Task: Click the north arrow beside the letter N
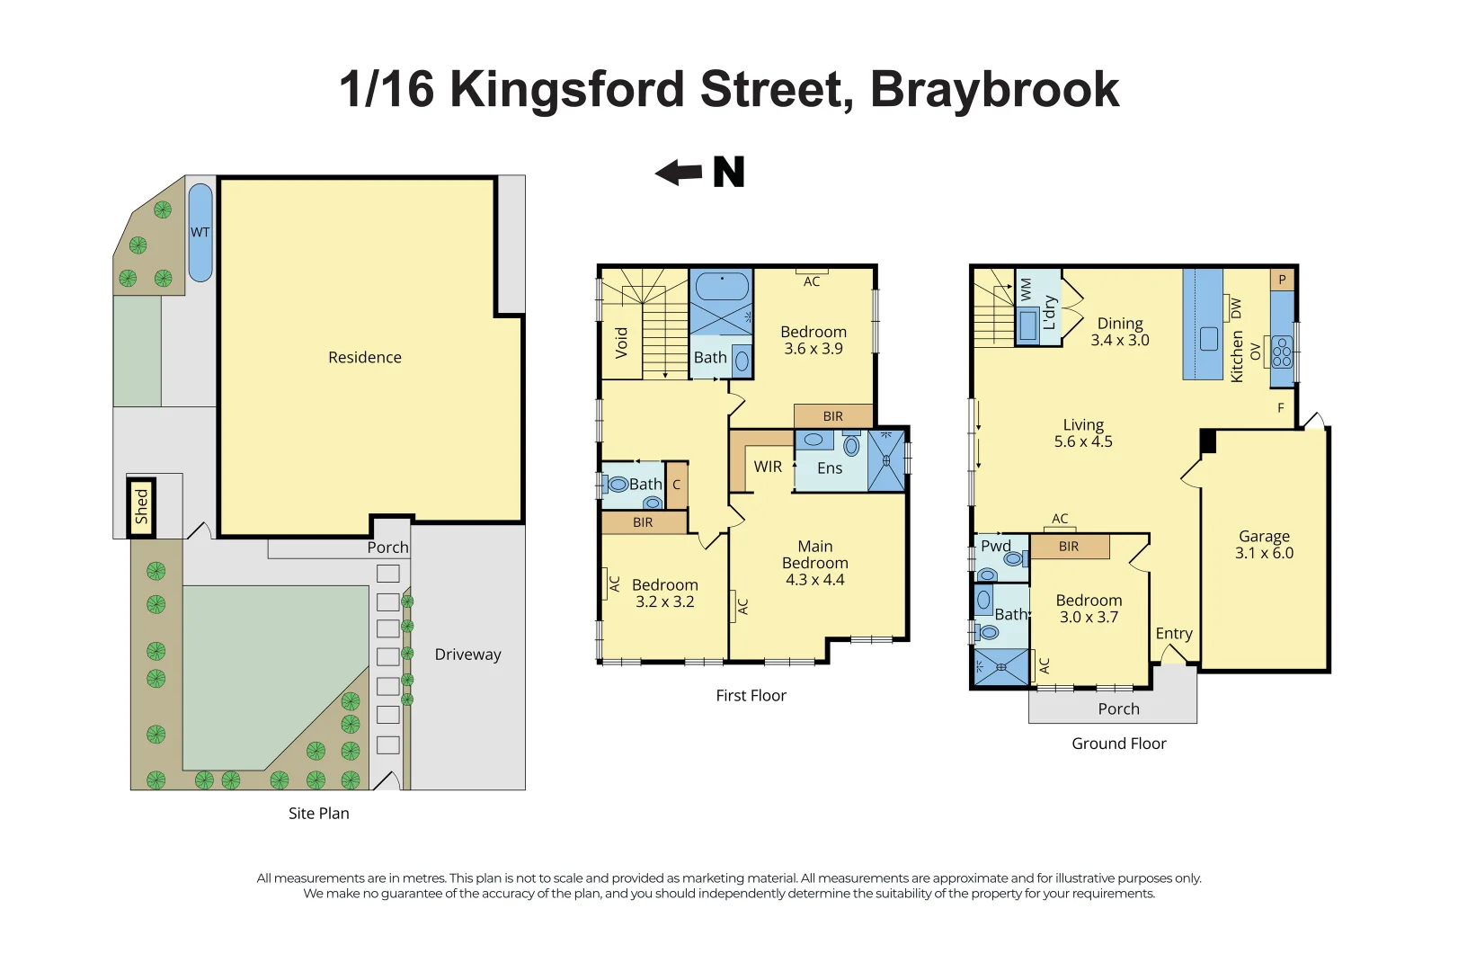click(679, 172)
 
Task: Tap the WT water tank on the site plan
click(200, 232)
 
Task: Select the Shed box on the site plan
click(141, 507)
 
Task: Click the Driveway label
click(467, 655)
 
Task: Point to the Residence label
click(364, 357)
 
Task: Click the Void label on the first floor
click(621, 343)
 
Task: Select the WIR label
click(768, 467)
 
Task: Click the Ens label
click(830, 468)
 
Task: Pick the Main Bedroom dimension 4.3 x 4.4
click(814, 580)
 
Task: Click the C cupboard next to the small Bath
click(677, 485)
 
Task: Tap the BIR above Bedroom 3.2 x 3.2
click(643, 522)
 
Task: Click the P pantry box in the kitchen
click(1282, 280)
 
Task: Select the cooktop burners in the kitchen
click(1282, 352)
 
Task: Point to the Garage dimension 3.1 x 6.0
click(1263, 553)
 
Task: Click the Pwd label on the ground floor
click(995, 546)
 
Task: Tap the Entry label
click(1173, 633)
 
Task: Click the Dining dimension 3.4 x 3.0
click(1119, 341)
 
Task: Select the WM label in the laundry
click(1027, 289)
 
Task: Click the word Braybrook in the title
click(994, 90)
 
